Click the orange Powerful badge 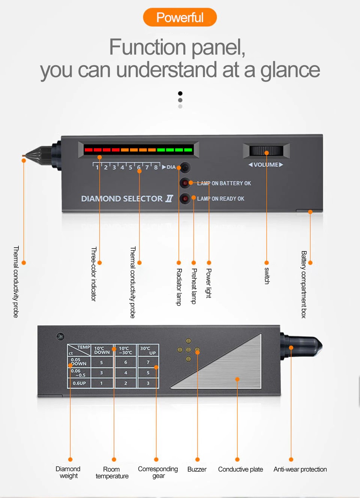pos(180,17)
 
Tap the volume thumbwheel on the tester pos(266,151)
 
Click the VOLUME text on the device pos(266,165)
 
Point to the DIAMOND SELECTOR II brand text pos(127,199)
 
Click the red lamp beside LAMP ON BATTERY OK pos(185,183)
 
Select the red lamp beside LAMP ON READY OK pos(185,198)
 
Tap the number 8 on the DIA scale pos(156,167)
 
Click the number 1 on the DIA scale pos(97,167)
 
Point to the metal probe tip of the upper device pos(24,156)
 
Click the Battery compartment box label pos(304,284)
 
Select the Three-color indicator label pos(94,274)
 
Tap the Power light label pos(208,283)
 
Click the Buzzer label pos(197,469)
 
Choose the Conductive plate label pos(240,469)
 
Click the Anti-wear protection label pos(300,469)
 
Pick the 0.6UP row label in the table pos(79,383)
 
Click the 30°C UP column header pos(148,350)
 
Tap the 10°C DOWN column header pos(102,350)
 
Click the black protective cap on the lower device pos(302,346)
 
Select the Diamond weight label pos(68,472)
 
